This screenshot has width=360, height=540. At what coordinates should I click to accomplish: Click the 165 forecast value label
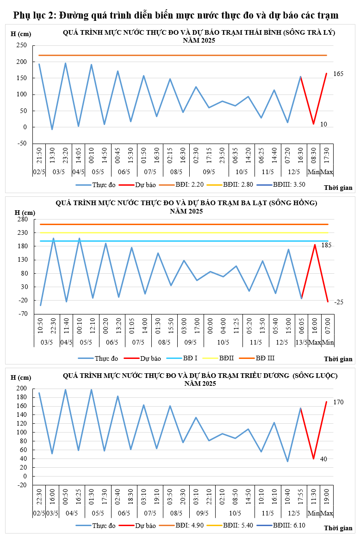tap(338, 74)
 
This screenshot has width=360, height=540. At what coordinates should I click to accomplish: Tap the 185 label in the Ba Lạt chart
tap(339, 245)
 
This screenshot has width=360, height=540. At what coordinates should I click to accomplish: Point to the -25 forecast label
tap(339, 302)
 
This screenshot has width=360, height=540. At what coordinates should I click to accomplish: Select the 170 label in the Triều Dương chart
tap(338, 402)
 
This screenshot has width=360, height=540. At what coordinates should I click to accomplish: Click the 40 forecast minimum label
tap(324, 459)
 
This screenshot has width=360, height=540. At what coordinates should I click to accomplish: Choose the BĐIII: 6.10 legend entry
tap(288, 525)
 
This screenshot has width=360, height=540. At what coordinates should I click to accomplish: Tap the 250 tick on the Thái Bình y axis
tap(21, 45)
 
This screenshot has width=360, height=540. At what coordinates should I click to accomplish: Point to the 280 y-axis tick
tap(21, 219)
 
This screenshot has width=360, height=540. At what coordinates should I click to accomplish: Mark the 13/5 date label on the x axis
tap(302, 342)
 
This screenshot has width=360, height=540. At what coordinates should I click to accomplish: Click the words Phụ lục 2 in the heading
tap(34, 16)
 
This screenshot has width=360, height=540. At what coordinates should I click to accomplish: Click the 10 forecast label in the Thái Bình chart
tap(323, 124)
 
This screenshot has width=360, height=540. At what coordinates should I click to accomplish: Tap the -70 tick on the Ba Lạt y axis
tap(21, 314)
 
